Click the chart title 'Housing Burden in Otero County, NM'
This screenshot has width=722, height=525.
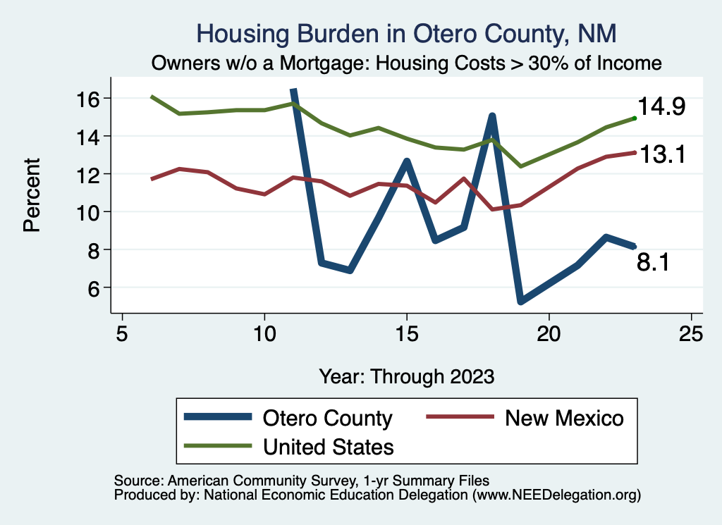(x=408, y=33)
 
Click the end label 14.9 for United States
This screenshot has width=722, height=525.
(x=661, y=107)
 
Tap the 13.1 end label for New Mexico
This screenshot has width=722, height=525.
(x=661, y=154)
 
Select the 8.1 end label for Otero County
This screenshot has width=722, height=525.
(x=654, y=263)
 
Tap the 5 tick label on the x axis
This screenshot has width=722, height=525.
(x=122, y=333)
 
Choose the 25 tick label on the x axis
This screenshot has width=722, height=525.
(x=692, y=333)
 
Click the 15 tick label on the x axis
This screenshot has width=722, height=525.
(x=407, y=333)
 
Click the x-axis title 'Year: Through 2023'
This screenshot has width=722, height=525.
(x=407, y=376)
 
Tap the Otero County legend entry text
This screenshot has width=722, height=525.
(x=327, y=418)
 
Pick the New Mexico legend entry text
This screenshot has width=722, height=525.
(x=564, y=418)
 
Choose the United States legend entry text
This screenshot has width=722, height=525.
(x=328, y=447)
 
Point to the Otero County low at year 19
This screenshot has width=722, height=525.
(x=520, y=302)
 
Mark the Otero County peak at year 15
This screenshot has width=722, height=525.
(x=407, y=161)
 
